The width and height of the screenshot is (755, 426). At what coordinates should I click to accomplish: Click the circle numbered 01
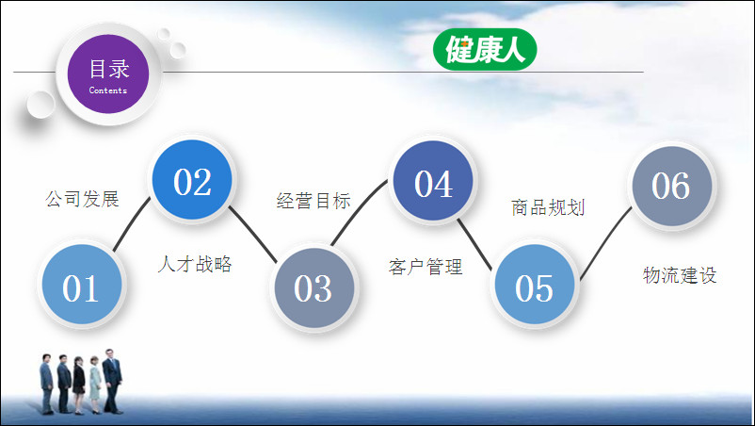point(81,285)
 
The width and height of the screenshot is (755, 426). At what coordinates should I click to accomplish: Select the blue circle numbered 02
point(192,180)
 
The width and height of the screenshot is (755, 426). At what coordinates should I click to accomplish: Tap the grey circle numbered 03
point(313,287)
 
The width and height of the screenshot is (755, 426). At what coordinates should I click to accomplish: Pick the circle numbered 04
point(433,181)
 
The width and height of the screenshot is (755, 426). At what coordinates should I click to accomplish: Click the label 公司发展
point(82,199)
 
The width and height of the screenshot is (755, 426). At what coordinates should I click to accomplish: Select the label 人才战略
point(195,264)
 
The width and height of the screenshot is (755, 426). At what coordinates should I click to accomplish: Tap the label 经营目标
point(313,201)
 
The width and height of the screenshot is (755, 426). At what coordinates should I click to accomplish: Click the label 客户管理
point(426,267)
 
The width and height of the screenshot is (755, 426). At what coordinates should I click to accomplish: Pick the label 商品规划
point(548,207)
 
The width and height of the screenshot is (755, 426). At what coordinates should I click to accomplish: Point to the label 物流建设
point(680,275)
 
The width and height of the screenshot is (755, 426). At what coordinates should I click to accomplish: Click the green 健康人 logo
point(485,49)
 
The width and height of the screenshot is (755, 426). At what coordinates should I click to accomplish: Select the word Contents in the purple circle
point(108,90)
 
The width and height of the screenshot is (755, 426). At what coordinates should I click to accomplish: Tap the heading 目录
point(109,69)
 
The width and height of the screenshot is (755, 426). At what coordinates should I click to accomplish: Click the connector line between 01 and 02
point(131,223)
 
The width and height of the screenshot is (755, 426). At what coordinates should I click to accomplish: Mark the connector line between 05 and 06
point(604,242)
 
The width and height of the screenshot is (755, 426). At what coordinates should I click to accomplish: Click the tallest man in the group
point(112,381)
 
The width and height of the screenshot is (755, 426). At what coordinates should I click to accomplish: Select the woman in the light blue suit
point(95,385)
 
